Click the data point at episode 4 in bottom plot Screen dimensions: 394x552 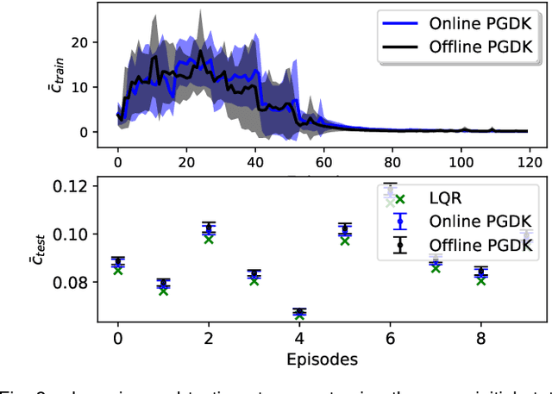click(x=299, y=313)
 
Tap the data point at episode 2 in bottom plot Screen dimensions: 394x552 click(x=209, y=229)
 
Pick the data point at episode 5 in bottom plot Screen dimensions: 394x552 click(x=345, y=230)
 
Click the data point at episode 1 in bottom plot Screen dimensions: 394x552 click(x=163, y=284)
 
